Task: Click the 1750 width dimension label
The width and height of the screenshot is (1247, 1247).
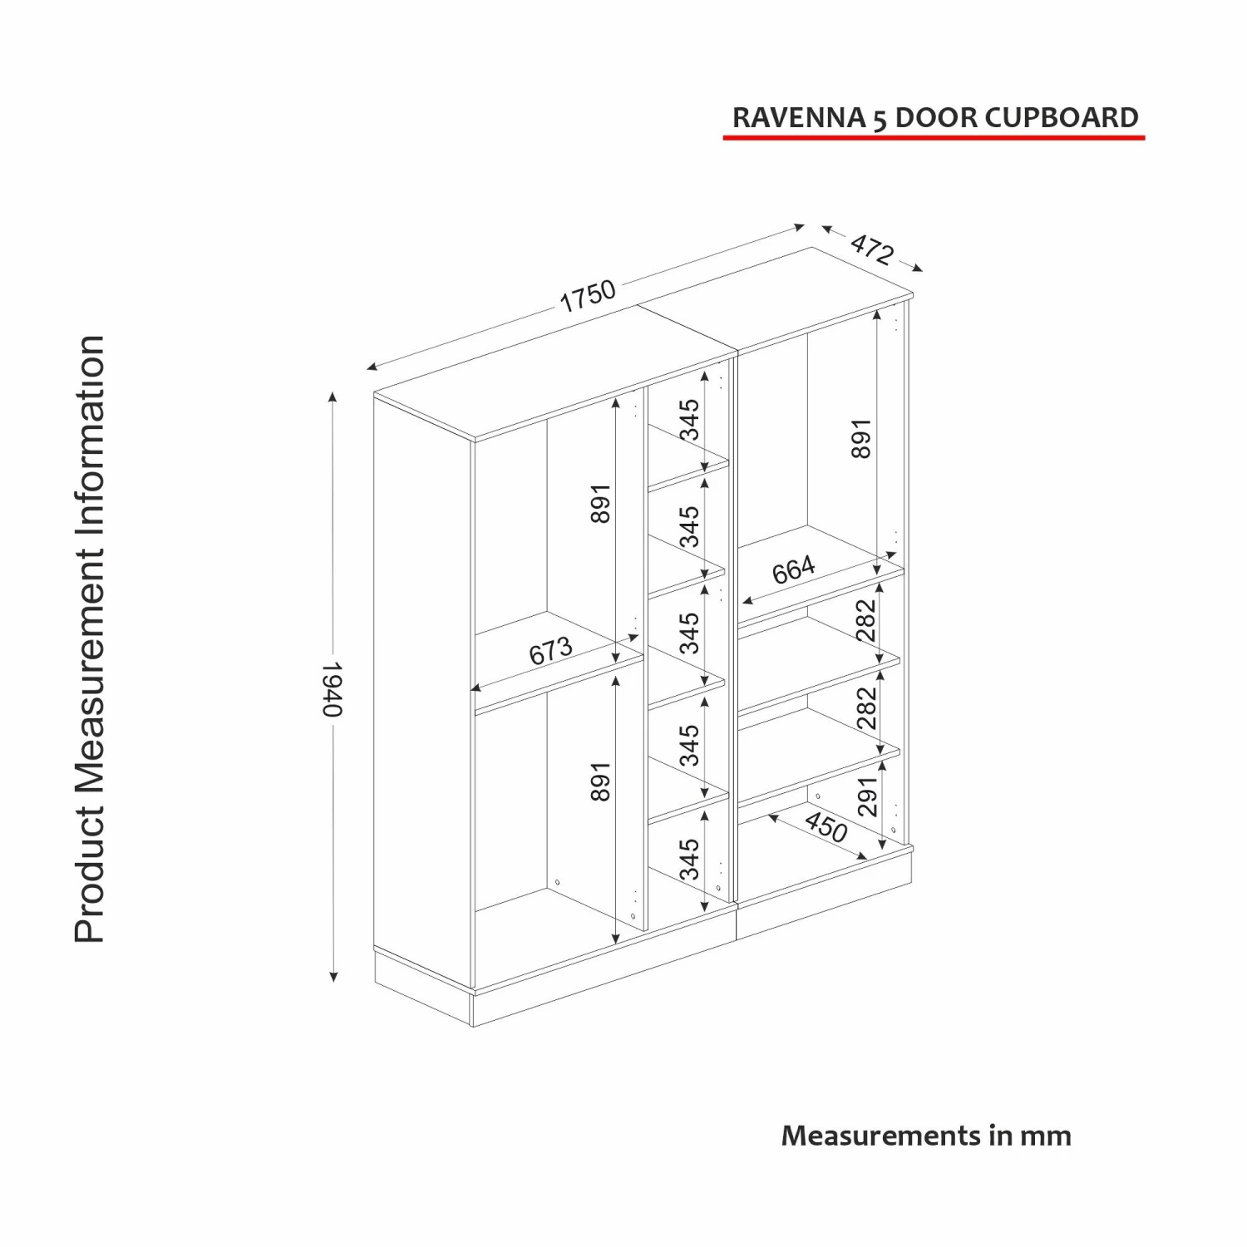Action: (x=588, y=295)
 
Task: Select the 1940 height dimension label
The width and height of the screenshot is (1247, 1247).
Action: (x=332, y=688)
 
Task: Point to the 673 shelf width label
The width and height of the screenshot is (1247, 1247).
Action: (x=551, y=650)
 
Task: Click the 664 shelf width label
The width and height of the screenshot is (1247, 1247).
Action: (x=794, y=571)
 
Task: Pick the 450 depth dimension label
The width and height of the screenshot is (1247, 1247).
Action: (x=826, y=827)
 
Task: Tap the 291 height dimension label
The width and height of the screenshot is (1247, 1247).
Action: (x=866, y=796)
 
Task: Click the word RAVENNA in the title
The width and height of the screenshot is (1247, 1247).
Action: (x=798, y=118)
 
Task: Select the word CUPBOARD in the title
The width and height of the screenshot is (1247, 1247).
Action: (x=1062, y=118)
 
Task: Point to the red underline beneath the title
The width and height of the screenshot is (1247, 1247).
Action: (x=934, y=136)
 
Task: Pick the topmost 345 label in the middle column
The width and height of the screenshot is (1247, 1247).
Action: (x=690, y=420)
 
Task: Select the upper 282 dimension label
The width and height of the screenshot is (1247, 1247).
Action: (x=866, y=620)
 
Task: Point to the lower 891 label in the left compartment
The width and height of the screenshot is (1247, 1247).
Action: (x=601, y=782)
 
